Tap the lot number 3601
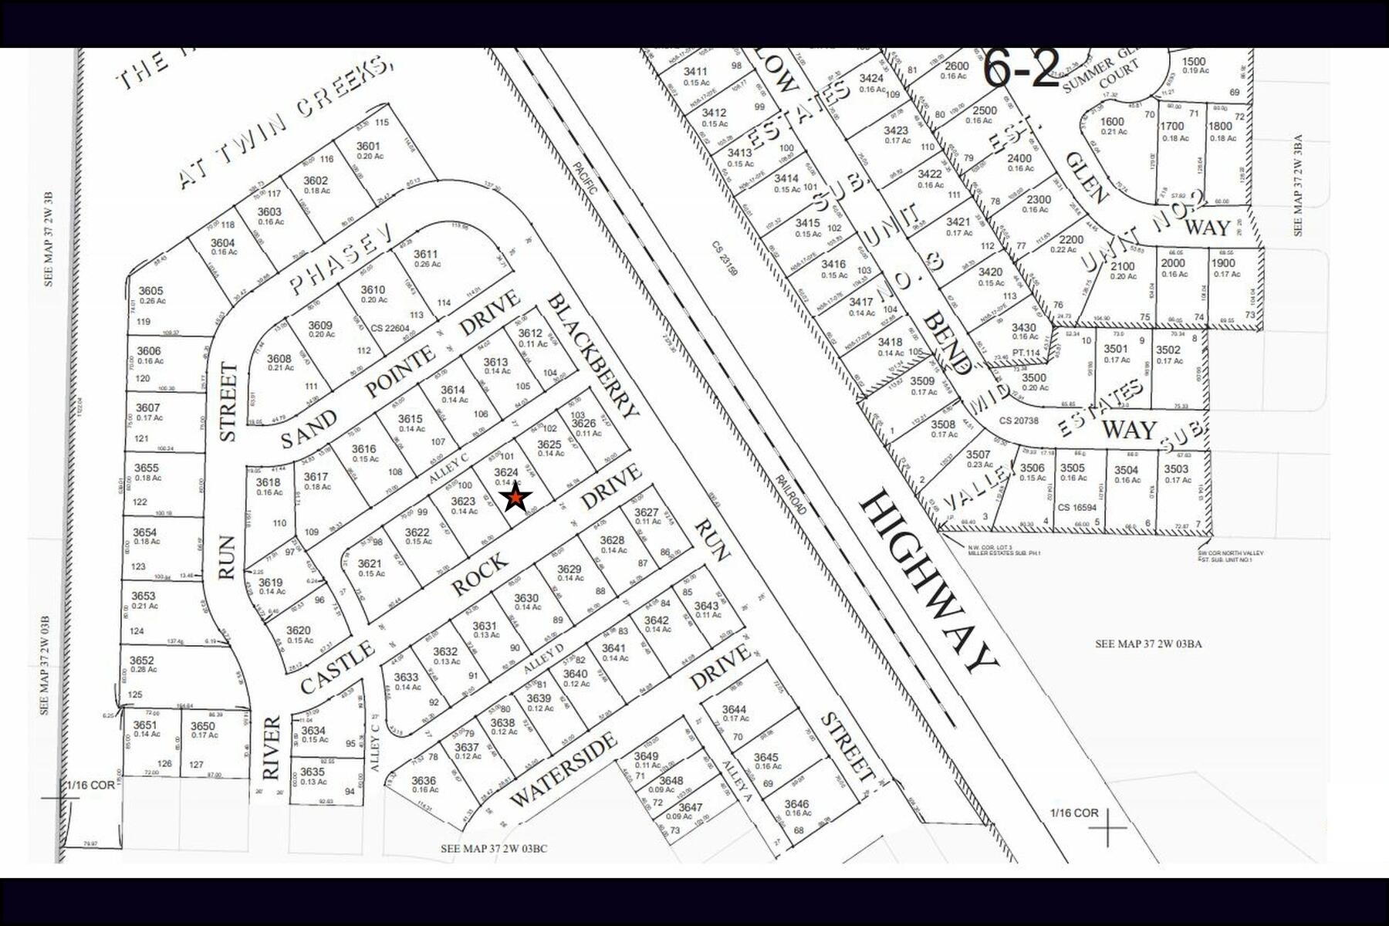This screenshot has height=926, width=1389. tap(368, 146)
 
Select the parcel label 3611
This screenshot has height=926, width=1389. tap(425, 254)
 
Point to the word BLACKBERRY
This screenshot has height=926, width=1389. tap(593, 356)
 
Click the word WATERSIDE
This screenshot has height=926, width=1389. tap(563, 769)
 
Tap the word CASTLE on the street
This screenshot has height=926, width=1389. tap(336, 668)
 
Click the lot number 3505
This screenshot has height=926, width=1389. tap(1072, 468)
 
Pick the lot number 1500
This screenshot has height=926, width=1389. tap(1193, 62)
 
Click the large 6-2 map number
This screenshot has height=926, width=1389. tap(1020, 69)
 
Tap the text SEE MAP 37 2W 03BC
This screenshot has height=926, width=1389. tap(494, 849)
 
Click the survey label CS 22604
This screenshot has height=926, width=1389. tap(390, 328)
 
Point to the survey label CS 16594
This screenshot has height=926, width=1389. tap(1076, 507)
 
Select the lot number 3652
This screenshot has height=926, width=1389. tap(141, 660)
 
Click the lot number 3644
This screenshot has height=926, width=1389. tap(734, 709)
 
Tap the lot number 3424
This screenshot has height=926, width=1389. tap(871, 78)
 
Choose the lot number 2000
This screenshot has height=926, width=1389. tap(1173, 262)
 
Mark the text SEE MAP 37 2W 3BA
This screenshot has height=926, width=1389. tap(1298, 186)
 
